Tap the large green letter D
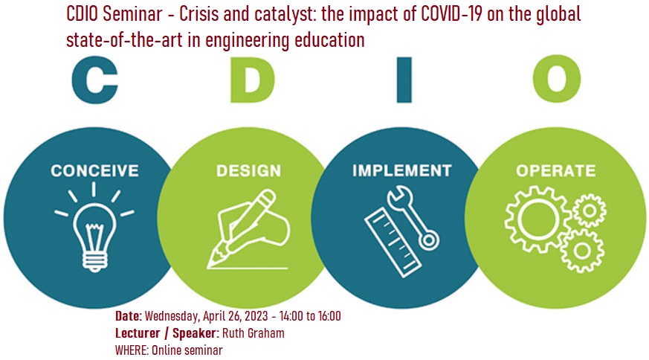tap(252, 80)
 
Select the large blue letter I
tap(404, 80)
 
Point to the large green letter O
tap(557, 79)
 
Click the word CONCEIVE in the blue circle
tap(94, 170)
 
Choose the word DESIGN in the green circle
tap(249, 170)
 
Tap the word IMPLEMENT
tap(402, 170)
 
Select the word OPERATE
tap(556, 170)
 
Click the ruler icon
tap(393, 242)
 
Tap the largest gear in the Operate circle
tap(538, 219)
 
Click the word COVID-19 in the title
tap(452, 14)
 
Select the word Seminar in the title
tap(133, 14)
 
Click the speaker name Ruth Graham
tap(254, 333)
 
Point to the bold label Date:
tap(129, 316)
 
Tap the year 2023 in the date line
tap(256, 316)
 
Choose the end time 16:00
tap(329, 316)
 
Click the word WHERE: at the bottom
tap(132, 350)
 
